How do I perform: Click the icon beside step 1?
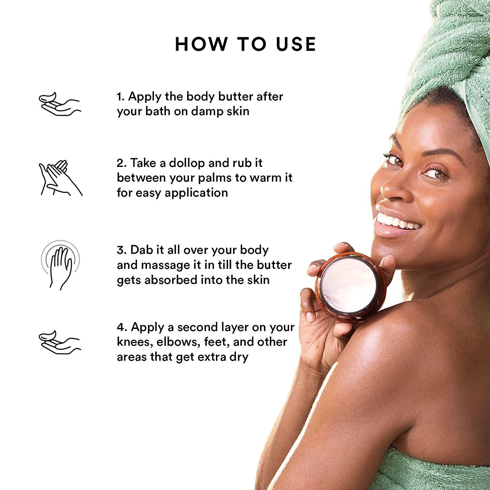tap(59, 104)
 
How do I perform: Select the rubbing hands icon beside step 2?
tap(60, 178)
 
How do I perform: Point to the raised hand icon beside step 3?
tap(60, 265)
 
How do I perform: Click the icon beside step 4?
tap(59, 341)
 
